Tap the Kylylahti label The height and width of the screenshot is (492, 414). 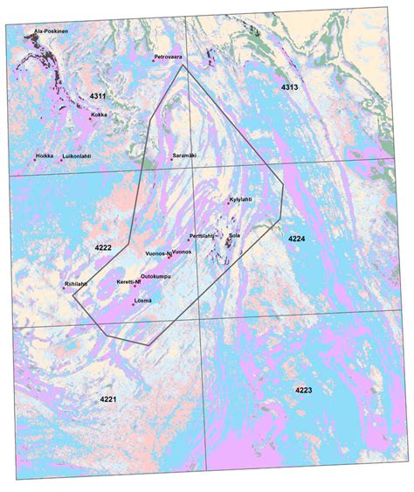(241, 199)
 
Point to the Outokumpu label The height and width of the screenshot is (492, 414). (155, 276)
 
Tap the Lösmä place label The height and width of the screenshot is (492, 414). (142, 301)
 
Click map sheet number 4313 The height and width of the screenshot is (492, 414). (290, 88)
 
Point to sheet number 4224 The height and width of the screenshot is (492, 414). (297, 239)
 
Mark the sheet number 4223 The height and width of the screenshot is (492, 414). (303, 389)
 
